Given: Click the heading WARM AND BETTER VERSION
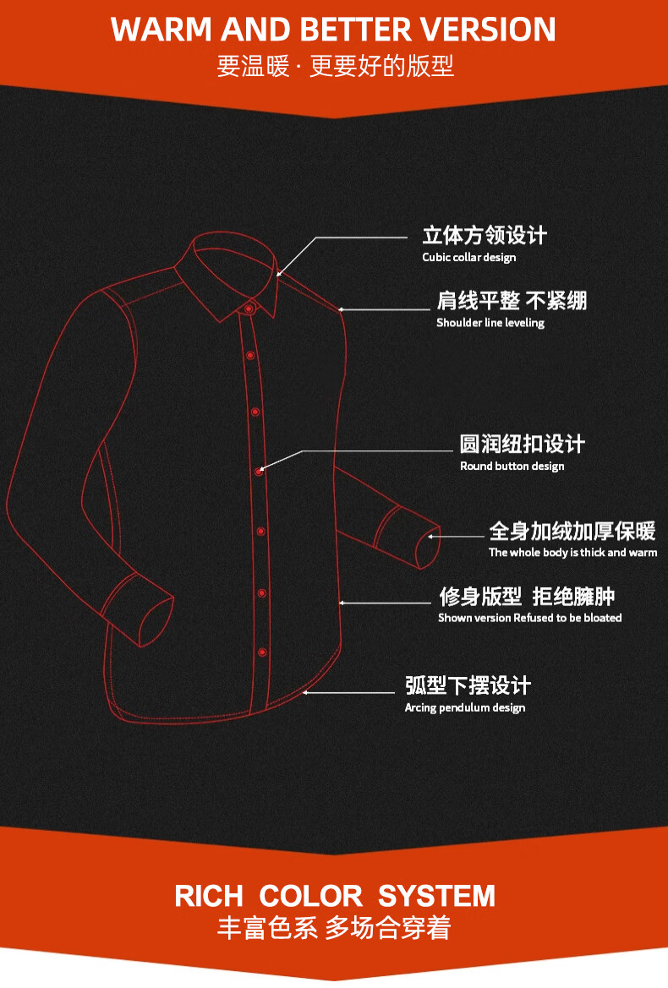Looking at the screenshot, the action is coord(333,30).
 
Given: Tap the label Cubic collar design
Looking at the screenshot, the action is coord(468,257).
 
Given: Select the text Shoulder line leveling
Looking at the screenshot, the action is coord(490,323).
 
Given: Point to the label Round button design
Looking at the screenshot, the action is coord(512,467).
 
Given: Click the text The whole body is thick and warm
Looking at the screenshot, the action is coord(572,553).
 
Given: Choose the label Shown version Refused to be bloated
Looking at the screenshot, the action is coord(529,618).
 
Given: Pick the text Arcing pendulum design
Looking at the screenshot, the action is coord(464,707).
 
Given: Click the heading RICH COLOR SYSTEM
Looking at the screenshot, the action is coord(335,896).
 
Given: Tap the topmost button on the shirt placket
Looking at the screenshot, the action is coord(249,309).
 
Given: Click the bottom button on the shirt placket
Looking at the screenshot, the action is coord(262,652).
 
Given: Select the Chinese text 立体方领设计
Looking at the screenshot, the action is coord(485,236).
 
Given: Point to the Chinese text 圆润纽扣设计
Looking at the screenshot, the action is coord(522,445).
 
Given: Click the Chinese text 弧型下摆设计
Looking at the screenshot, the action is coord(468,685).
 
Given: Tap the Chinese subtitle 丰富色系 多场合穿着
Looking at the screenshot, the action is coord(334,928).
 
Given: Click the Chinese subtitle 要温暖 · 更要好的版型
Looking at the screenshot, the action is coord(335,66).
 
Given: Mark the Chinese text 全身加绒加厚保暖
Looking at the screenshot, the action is coord(572,532).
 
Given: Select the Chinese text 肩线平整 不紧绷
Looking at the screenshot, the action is coord(511,301).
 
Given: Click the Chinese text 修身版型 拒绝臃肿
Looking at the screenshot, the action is coord(526,597).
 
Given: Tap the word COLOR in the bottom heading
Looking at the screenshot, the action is coord(310,896).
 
